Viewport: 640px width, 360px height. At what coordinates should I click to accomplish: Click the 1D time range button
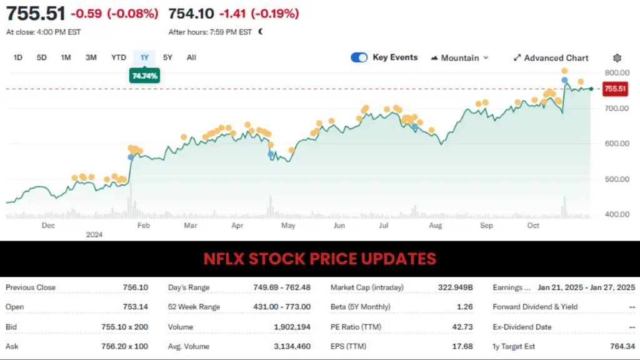pyautogui.click(x=18, y=57)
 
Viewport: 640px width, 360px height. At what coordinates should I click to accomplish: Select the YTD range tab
pyautogui.click(x=119, y=57)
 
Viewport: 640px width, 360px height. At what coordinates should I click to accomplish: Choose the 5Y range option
pyautogui.click(x=167, y=57)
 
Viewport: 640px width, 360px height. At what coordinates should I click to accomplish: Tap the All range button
pyautogui.click(x=191, y=57)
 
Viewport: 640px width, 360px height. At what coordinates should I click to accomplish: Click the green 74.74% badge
pyautogui.click(x=144, y=76)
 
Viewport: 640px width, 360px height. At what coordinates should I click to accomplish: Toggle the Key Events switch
pyautogui.click(x=359, y=57)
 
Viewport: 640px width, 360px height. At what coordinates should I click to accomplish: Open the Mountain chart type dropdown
pyautogui.click(x=460, y=58)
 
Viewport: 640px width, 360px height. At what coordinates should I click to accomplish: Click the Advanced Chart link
pyautogui.click(x=551, y=58)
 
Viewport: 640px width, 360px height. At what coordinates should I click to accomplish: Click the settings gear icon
pyautogui.click(x=617, y=58)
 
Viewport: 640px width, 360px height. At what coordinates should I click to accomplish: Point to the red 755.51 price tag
pyautogui.click(x=615, y=89)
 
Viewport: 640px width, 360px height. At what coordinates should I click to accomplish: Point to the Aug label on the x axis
pyautogui.click(x=436, y=225)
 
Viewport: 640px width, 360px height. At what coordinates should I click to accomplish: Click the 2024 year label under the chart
pyautogui.click(x=94, y=235)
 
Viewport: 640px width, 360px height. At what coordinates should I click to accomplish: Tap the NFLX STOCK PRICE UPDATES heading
pyautogui.click(x=320, y=259)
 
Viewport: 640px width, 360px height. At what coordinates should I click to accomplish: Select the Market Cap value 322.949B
pyautogui.click(x=456, y=287)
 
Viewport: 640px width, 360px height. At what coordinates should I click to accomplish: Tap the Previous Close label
pyautogui.click(x=31, y=287)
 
